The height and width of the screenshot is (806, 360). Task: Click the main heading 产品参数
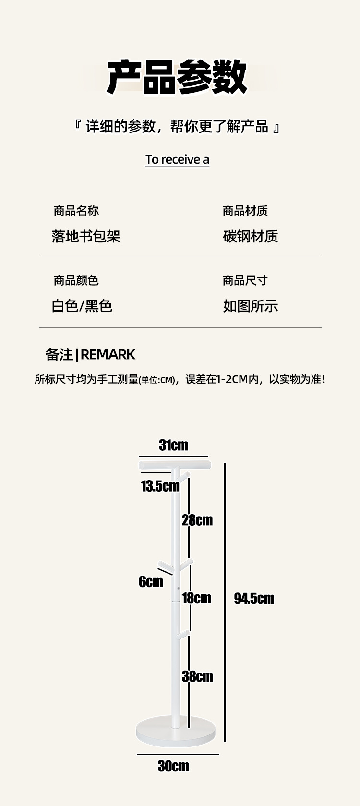(x=177, y=77)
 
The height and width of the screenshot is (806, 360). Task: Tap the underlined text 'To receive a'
(x=177, y=159)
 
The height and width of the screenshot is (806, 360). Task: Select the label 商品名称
(x=76, y=211)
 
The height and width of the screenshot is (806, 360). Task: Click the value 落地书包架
(x=86, y=236)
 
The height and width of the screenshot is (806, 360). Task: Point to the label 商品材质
(x=245, y=211)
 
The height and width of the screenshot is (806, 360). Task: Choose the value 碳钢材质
(x=251, y=236)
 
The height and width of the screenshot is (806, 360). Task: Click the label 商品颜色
(x=76, y=280)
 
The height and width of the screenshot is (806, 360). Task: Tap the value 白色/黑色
(x=82, y=306)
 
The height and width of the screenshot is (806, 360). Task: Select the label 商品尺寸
(x=245, y=280)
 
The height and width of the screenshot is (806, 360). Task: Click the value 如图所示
(x=251, y=306)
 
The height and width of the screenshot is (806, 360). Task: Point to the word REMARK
(x=108, y=354)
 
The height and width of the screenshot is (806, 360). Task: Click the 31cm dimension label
(x=174, y=445)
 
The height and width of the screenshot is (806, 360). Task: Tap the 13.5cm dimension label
(x=160, y=486)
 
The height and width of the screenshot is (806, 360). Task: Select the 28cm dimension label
(x=197, y=520)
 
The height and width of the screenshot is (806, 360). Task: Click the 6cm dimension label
(x=151, y=581)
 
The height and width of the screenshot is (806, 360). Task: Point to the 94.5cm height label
(x=254, y=599)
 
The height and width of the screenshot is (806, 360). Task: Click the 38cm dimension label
(x=197, y=676)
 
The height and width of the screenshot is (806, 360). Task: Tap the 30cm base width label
(x=173, y=766)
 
